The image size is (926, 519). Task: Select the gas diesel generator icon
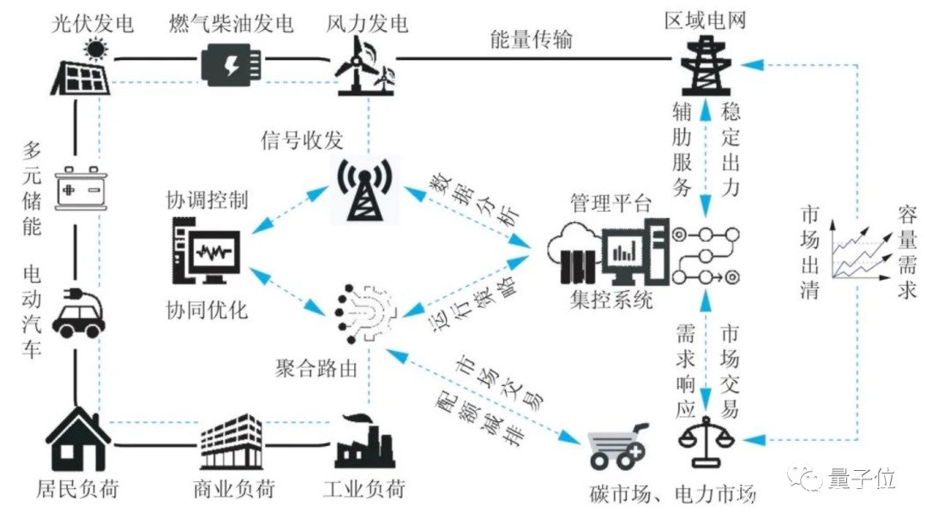coord(230,63)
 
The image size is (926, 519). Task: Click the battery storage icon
coord(81,187)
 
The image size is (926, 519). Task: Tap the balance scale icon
coord(706,440)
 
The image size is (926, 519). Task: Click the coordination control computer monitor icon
coord(206,250)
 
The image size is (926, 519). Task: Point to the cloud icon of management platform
coord(574,248)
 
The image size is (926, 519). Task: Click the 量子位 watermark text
coord(862,479)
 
